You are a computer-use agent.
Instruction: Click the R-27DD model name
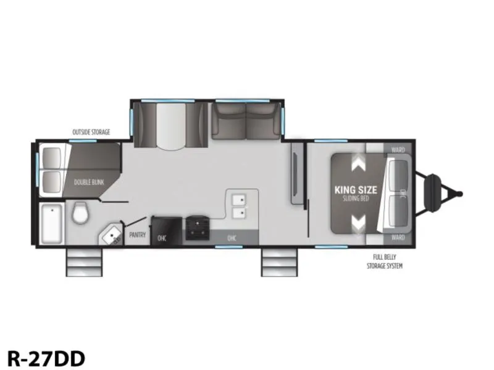click(x=46, y=358)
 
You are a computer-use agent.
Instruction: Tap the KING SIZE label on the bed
click(x=356, y=190)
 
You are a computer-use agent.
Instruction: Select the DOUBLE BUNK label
click(x=89, y=182)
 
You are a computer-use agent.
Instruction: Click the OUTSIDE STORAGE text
click(x=91, y=132)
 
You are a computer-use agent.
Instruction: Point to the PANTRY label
click(x=138, y=235)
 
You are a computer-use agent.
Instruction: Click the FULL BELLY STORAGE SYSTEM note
click(x=384, y=261)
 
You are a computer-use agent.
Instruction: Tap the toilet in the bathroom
click(x=81, y=213)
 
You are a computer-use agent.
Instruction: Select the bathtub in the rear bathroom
click(x=51, y=223)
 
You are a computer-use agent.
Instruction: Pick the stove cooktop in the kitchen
click(x=197, y=228)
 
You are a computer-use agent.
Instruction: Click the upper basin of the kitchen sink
click(x=239, y=199)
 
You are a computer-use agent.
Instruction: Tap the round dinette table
click(x=171, y=126)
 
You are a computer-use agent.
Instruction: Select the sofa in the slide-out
click(x=246, y=121)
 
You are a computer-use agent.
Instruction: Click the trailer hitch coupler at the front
click(x=441, y=193)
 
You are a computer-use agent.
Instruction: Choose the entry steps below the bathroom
click(x=84, y=263)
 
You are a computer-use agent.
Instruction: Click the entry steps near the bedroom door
click(x=279, y=263)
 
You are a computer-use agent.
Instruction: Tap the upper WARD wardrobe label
click(x=398, y=150)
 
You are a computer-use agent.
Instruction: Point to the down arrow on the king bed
click(x=358, y=223)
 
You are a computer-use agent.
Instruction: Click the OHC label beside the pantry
click(x=162, y=239)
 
